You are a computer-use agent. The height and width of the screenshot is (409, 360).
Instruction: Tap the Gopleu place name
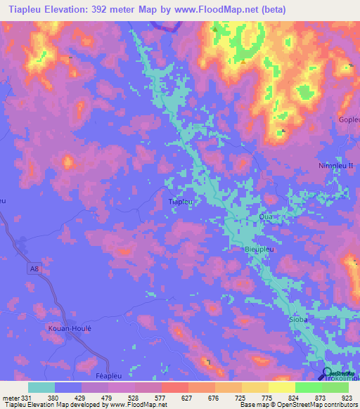tap(349, 120)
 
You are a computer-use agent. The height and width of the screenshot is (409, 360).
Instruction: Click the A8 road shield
tap(34, 267)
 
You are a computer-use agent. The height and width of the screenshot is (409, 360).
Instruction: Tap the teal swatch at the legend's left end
tap(41, 387)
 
